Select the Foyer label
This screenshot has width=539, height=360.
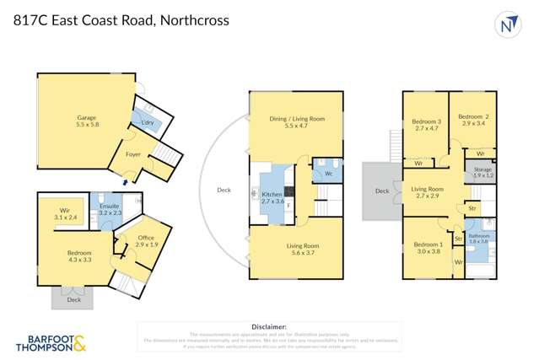coord(133,154)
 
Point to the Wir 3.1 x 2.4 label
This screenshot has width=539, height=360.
coord(65,214)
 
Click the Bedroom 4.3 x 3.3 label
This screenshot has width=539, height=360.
coord(80,256)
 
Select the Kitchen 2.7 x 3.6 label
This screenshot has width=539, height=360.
coord(273,198)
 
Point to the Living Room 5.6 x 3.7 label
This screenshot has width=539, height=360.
coord(297,249)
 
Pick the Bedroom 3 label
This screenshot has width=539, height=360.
coord(427,125)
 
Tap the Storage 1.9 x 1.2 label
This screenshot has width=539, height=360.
coord(482,173)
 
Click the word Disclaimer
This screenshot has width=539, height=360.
coord(269,326)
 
